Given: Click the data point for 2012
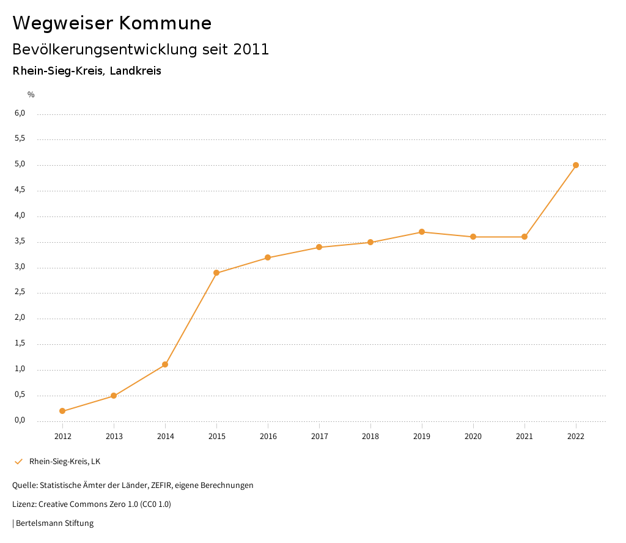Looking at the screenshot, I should (x=62, y=411).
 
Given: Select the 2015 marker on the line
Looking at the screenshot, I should (x=216, y=273).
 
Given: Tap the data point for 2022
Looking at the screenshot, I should (x=576, y=165).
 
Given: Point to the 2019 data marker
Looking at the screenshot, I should (x=422, y=232).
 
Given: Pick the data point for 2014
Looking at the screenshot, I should (x=165, y=364).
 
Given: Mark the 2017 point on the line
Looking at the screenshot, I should (x=319, y=247).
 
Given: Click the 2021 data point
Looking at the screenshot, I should (x=525, y=237).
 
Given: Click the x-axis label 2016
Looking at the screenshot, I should (x=268, y=437).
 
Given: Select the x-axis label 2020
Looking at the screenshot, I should (x=473, y=437).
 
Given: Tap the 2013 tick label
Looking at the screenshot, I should (x=114, y=437).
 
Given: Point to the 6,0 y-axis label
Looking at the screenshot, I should (x=20, y=113).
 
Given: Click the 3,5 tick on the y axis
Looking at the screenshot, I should (x=20, y=242).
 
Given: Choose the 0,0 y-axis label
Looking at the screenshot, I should (x=20, y=420).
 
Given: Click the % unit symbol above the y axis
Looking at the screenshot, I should (x=31, y=95).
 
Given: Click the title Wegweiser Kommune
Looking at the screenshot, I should (x=112, y=23).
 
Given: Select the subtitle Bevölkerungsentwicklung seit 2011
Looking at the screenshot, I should (x=141, y=50).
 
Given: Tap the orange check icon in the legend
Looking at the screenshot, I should (x=18, y=462).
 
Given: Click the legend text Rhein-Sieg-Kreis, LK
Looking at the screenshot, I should (x=65, y=462).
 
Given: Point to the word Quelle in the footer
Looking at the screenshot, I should (x=24, y=486).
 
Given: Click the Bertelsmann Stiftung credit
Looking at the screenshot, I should (x=54, y=523).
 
